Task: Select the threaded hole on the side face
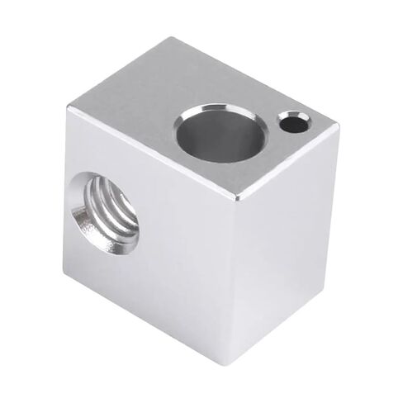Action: coord(106,213)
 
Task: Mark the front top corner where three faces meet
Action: coord(237,197)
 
